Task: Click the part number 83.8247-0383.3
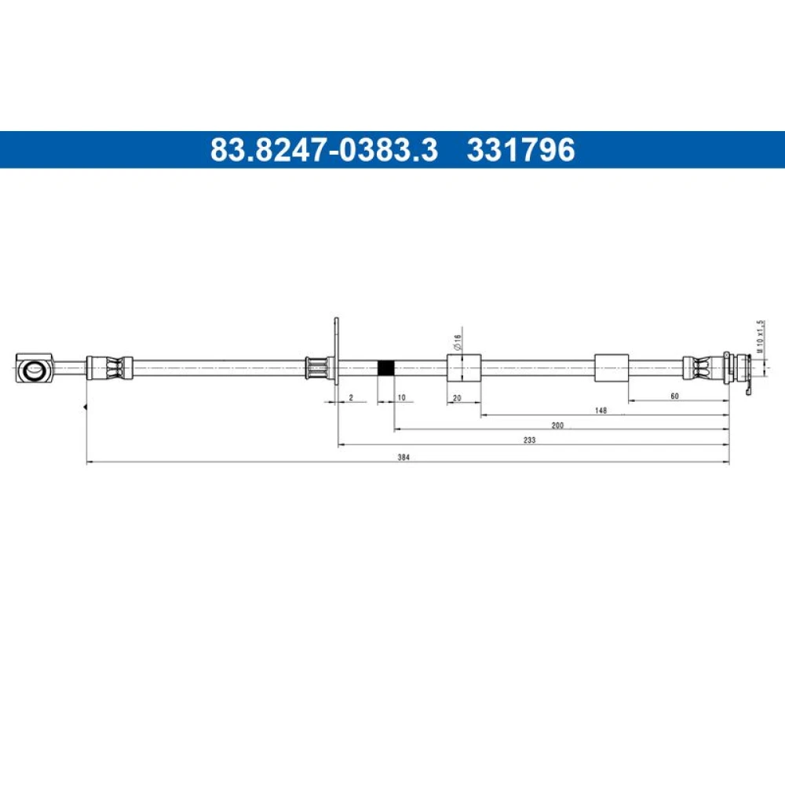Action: click(324, 150)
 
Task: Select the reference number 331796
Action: click(520, 150)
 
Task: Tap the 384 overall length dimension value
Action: click(403, 457)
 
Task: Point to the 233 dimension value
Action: click(529, 440)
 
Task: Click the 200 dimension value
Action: click(557, 425)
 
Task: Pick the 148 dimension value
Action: click(601, 411)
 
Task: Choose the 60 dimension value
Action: click(675, 396)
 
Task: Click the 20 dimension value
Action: click(457, 398)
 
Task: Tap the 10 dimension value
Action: click(401, 397)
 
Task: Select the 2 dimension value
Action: click(351, 397)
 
